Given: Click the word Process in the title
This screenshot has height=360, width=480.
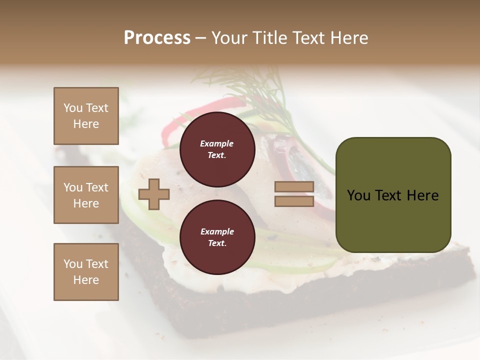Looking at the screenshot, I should (x=157, y=38).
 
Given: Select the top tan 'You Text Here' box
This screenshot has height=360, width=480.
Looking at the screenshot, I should (x=86, y=116).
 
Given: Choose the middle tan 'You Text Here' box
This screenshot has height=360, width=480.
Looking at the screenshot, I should (x=86, y=195).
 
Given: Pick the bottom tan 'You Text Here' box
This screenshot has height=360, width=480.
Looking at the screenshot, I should (x=86, y=271).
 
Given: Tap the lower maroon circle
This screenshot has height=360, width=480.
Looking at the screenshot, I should (x=217, y=237).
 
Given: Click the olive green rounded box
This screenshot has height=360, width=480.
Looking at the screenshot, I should (x=393, y=195).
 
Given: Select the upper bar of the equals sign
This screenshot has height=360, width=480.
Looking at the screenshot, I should (x=294, y=187).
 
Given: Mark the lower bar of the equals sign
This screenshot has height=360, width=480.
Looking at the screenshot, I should (x=294, y=201).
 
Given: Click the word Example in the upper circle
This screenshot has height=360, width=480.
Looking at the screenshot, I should (x=217, y=143).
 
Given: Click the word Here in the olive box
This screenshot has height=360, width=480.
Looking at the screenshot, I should (x=423, y=195).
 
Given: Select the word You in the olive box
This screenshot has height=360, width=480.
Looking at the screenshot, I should (x=358, y=195).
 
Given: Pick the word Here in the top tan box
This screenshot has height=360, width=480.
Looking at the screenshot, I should (x=86, y=124).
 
